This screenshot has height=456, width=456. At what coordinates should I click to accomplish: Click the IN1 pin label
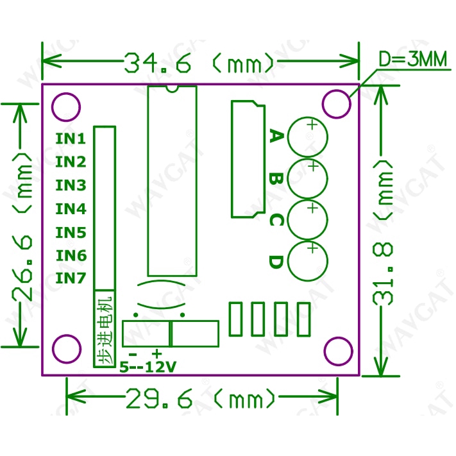click(71, 139)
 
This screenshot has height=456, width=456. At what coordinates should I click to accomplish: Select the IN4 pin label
click(71, 209)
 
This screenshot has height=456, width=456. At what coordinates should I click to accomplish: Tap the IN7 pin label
click(71, 278)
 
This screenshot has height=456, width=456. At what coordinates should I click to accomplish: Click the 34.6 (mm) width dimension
click(199, 62)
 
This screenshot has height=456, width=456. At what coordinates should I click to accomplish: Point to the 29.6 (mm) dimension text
click(201, 398)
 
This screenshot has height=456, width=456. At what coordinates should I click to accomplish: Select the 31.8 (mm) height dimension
click(383, 233)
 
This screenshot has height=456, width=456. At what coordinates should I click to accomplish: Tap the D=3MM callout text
click(412, 60)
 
